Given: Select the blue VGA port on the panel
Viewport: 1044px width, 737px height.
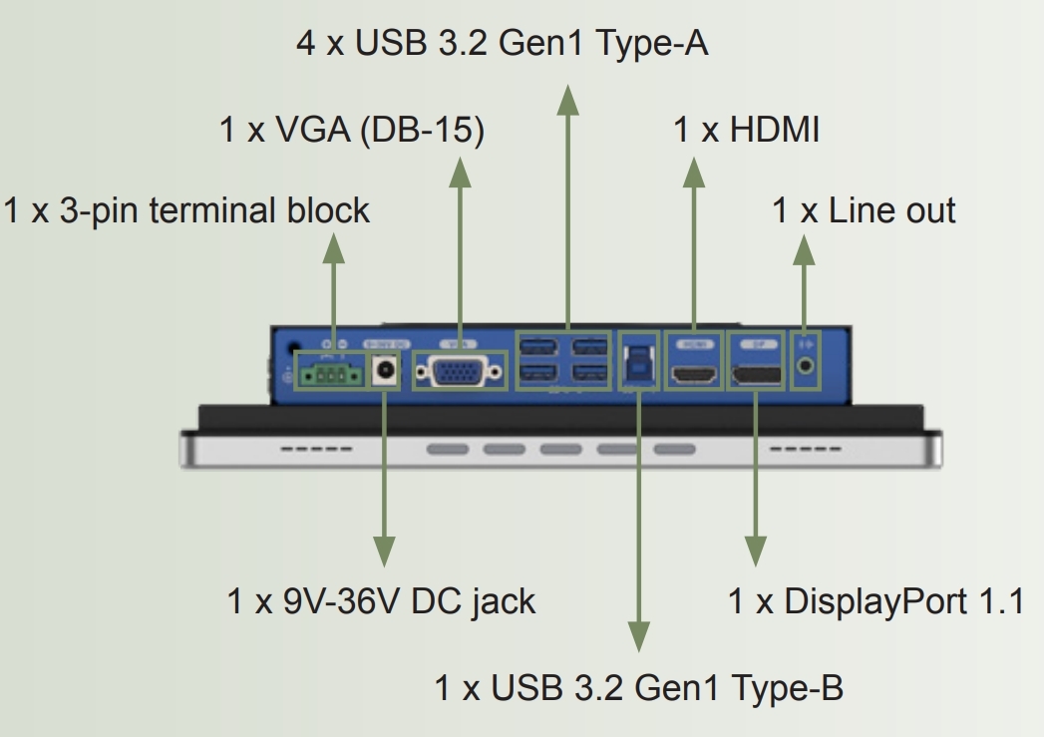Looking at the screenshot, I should [460, 373].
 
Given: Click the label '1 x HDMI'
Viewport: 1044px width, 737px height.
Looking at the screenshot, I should [746, 130].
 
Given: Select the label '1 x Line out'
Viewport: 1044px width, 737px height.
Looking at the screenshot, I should [864, 210].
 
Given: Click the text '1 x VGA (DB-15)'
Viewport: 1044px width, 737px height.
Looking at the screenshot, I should [352, 130].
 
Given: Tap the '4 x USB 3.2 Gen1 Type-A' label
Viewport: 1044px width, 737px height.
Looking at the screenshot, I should [503, 44].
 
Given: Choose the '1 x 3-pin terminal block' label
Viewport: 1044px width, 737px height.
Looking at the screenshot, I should [186, 210].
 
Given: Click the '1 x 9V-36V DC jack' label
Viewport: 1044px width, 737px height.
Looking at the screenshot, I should [382, 601].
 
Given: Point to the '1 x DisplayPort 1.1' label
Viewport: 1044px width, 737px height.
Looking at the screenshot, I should [875, 601].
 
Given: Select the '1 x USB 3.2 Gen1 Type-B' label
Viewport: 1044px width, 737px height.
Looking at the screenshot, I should [639, 687].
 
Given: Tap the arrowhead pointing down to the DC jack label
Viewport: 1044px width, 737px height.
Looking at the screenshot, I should [382, 552].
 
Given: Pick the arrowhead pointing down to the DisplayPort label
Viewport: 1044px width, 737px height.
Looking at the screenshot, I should [756, 552].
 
